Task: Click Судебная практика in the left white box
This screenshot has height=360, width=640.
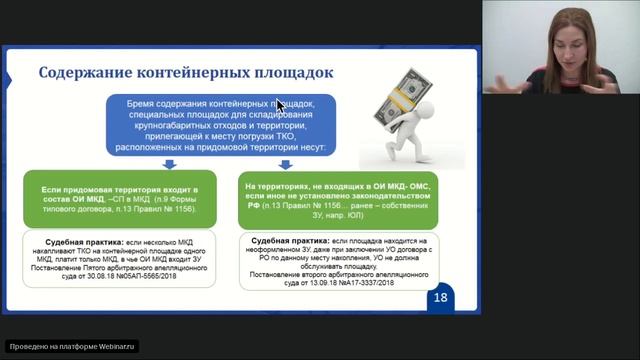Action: [x=80, y=241]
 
